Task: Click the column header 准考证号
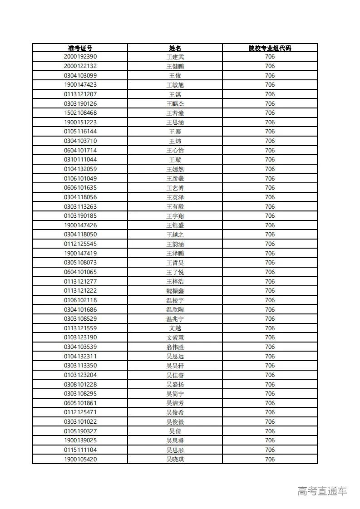click(x=80, y=48)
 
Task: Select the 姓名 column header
click(x=175, y=48)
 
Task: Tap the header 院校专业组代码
click(x=270, y=48)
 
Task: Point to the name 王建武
click(x=175, y=57)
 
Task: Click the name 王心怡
click(x=175, y=151)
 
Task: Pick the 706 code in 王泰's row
click(x=270, y=132)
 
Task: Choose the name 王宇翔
click(x=175, y=216)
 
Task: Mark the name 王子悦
click(x=175, y=272)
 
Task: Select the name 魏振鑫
click(x=175, y=291)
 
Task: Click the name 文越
click(x=175, y=328)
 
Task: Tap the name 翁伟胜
click(x=175, y=347)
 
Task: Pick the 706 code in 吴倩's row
click(x=270, y=431)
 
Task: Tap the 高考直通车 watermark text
click(x=322, y=491)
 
